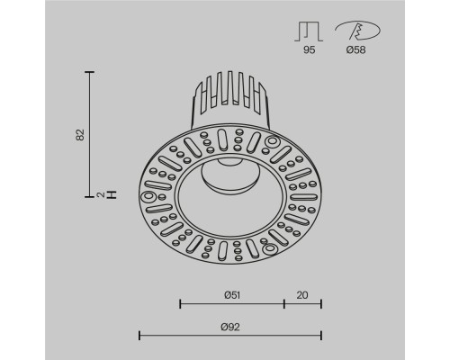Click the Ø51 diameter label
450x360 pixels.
coord(231,292)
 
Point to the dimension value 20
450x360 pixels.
coord(302,292)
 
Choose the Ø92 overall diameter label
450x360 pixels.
coord(231,325)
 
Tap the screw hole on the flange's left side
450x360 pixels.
coord(148,196)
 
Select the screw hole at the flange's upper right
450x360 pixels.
coord(271,140)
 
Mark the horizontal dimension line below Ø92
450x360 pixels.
coord(230,335)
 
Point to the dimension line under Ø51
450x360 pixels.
coord(231,302)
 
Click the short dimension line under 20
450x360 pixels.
coord(302,302)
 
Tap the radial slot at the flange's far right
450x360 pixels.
coord(310,193)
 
